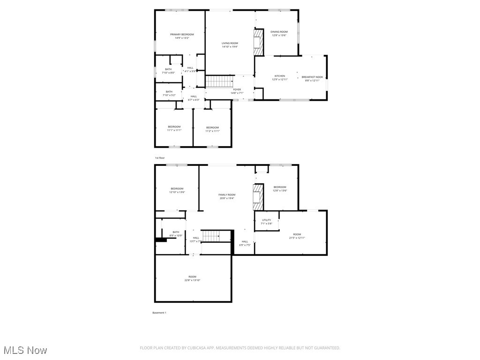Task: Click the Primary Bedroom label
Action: (x=182, y=34)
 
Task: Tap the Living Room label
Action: (x=230, y=43)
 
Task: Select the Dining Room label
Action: (x=279, y=32)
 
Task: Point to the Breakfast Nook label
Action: (x=312, y=77)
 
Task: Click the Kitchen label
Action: (x=280, y=76)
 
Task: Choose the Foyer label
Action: (x=237, y=90)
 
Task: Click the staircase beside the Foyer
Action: (x=219, y=82)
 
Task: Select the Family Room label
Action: (x=227, y=195)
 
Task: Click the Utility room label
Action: (x=266, y=220)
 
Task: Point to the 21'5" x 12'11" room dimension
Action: (x=297, y=238)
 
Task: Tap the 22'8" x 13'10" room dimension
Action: (x=193, y=280)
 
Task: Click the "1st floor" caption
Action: (x=160, y=158)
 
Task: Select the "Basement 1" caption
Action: (x=159, y=313)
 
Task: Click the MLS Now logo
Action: (x=25, y=350)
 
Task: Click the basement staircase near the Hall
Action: (x=210, y=236)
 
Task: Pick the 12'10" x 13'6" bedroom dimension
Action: (x=177, y=192)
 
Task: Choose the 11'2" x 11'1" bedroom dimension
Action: (x=212, y=131)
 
